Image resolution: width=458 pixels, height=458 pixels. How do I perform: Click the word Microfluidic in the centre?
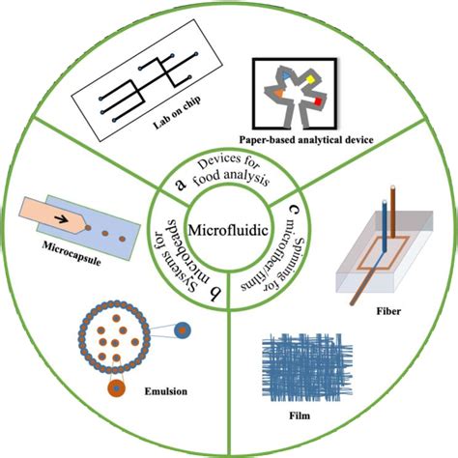[229, 233]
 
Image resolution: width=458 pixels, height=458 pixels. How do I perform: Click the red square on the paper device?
[316, 99]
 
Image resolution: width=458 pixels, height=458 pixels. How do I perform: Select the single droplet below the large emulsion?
[117, 389]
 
